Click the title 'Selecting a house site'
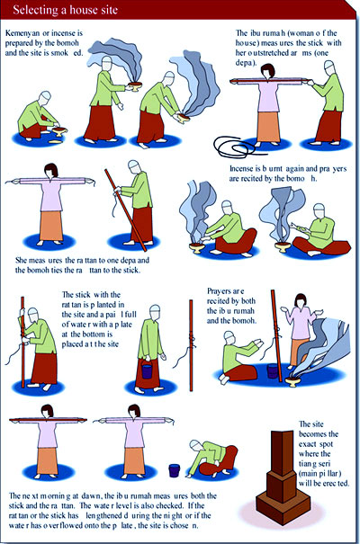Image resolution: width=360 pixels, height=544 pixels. pyautogui.click(x=66, y=9)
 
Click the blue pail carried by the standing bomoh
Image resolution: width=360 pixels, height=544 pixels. pyautogui.click(x=147, y=370)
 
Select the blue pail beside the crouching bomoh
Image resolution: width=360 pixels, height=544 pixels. pyautogui.click(x=175, y=470)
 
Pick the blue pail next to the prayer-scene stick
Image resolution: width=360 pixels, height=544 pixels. pyautogui.click(x=273, y=371)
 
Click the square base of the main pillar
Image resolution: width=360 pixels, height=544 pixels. pyautogui.click(x=283, y=507)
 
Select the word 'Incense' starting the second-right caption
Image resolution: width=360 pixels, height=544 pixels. pyautogui.click(x=241, y=169)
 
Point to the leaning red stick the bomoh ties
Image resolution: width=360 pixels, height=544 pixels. pyautogui.click(x=126, y=210)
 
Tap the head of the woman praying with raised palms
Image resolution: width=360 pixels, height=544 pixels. pyautogui.click(x=301, y=300)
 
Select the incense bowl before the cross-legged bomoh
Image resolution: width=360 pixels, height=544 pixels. pyautogui.click(x=283, y=247)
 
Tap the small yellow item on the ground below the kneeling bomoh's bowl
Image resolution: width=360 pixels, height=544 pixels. pyautogui.click(x=55, y=141)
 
